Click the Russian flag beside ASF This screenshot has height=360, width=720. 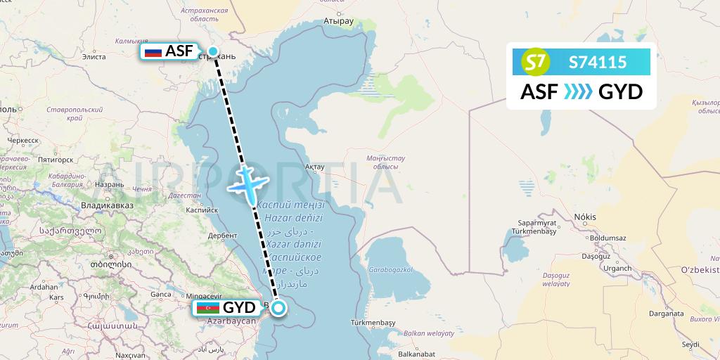pyautogui.click(x=153, y=51)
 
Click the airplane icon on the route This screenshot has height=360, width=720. pyautogui.click(x=248, y=182)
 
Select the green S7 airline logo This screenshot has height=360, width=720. pyautogui.click(x=537, y=63)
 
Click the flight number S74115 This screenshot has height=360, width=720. pyautogui.click(x=598, y=63)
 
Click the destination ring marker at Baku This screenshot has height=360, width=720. pyautogui.click(x=279, y=307)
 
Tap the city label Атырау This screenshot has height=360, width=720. pyautogui.click(x=337, y=21)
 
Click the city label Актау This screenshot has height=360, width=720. pyautogui.click(x=314, y=167)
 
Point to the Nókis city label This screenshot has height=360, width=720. pyautogui.click(x=585, y=217)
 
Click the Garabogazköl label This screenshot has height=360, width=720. pyautogui.click(x=390, y=269)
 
